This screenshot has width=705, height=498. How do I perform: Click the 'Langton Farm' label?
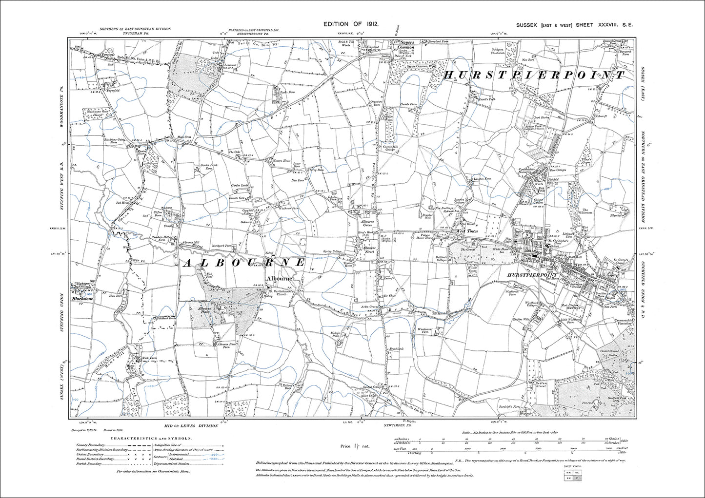(481, 179)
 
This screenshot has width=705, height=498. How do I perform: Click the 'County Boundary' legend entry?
(90, 445)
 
